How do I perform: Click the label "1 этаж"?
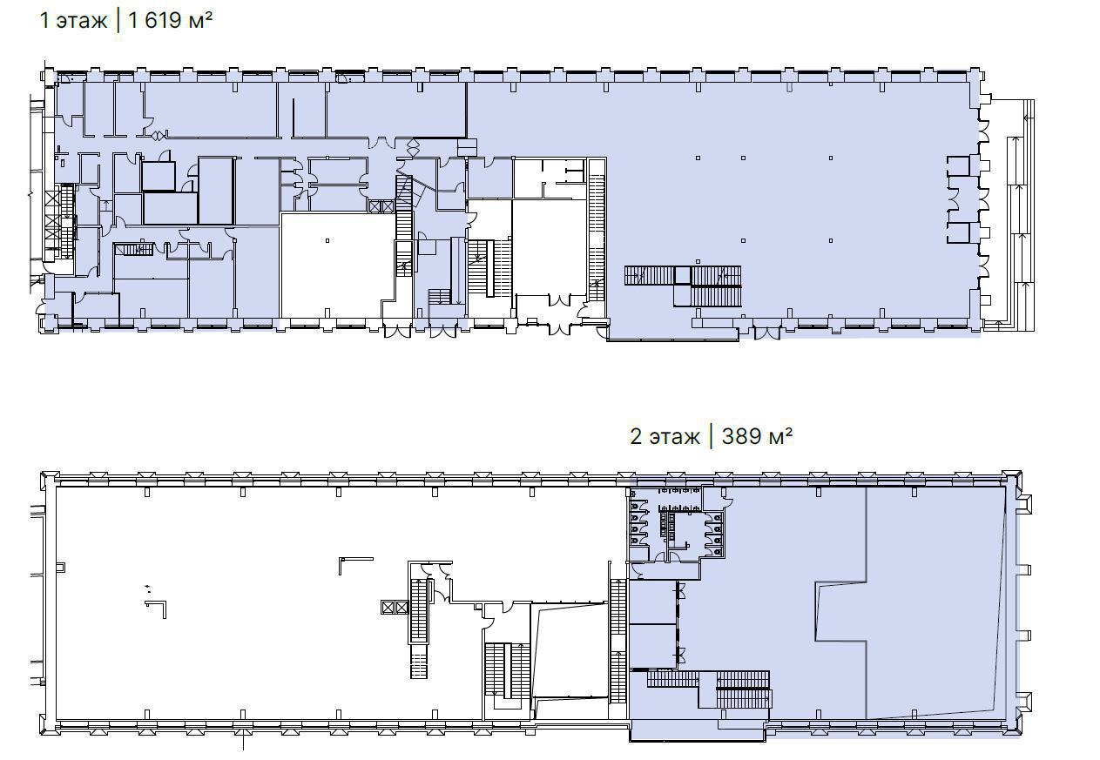73,21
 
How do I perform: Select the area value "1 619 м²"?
171,21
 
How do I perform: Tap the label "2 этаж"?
665,436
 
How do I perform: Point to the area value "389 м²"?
757,436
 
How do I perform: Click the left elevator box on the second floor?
388,608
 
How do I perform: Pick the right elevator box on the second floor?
402,608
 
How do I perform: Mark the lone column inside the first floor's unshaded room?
327,240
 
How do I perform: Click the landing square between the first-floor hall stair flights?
683,275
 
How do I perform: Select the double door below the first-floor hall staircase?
767,332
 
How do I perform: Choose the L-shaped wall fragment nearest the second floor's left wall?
157,609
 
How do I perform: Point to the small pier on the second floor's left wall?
61,568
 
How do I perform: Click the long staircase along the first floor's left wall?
67,222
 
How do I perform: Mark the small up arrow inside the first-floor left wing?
106,205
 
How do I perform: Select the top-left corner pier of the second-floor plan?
50,479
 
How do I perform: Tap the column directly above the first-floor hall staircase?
698,262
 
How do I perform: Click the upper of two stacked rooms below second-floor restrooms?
653,602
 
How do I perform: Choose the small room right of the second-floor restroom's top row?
713,498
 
